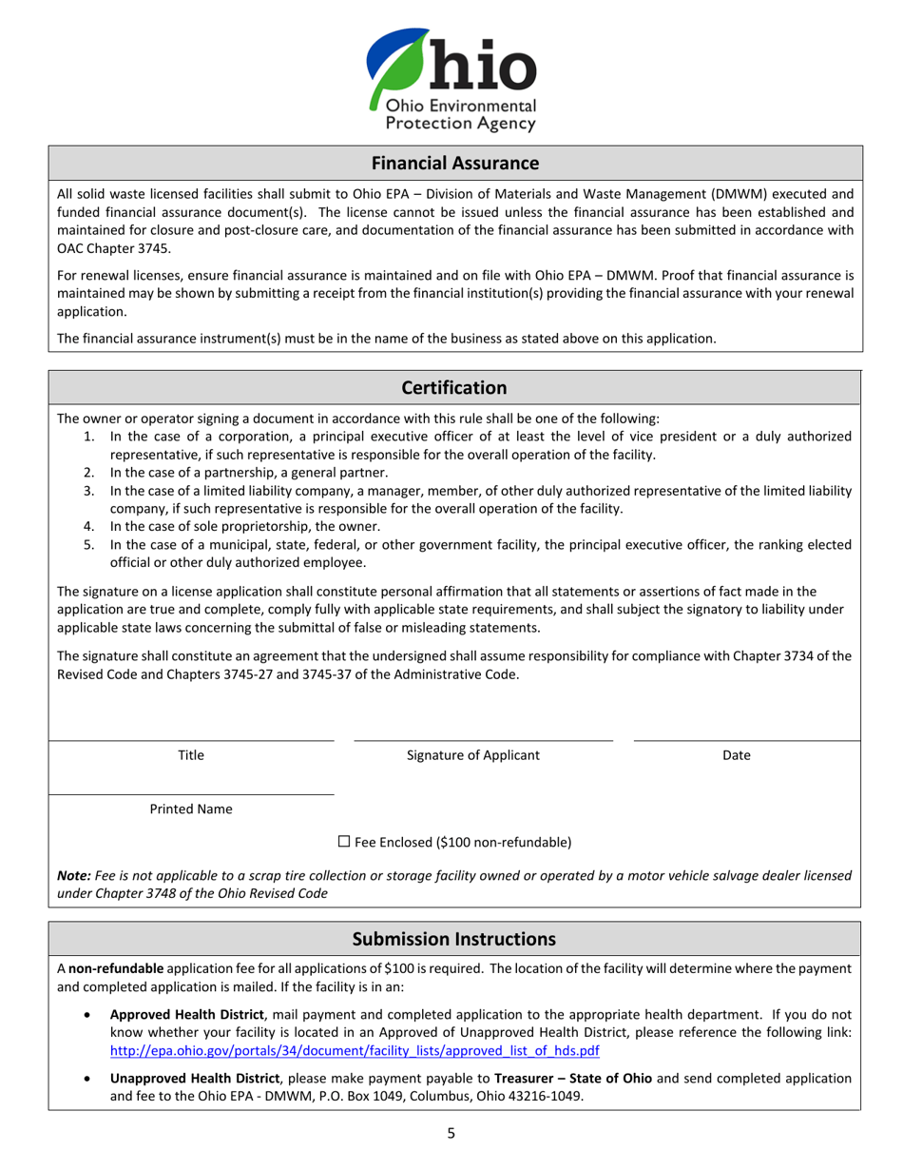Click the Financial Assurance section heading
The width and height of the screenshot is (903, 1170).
454,163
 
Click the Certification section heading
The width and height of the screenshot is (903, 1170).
454,387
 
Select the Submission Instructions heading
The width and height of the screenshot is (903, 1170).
454,939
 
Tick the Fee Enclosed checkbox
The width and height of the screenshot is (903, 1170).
345,841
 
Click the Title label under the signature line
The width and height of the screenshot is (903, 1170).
191,755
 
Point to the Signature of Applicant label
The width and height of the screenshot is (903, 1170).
472,755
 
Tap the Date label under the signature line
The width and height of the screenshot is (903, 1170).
737,755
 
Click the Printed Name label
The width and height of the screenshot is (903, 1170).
191,809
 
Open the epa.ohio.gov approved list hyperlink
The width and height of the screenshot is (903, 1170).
355,1050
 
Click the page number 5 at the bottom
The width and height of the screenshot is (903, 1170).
451,1133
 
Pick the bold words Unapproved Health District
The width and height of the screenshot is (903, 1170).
195,1078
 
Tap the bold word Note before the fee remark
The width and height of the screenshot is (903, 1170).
73,875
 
